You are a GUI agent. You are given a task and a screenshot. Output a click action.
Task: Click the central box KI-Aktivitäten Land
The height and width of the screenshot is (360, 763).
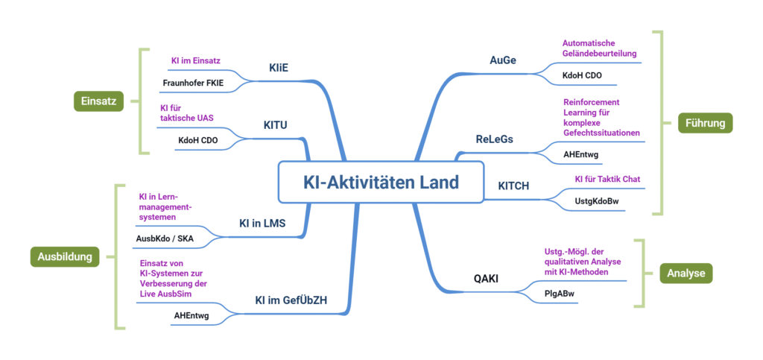tap(381, 182)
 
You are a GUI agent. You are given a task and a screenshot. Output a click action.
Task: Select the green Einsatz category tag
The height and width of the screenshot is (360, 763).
tap(98, 101)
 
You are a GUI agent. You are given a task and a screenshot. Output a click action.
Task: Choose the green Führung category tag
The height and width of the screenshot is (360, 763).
tap(705, 122)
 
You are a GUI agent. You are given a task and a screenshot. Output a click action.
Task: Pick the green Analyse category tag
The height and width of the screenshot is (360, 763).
tap(686, 274)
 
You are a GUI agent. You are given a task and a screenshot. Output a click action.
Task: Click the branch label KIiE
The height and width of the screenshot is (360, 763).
tap(279, 68)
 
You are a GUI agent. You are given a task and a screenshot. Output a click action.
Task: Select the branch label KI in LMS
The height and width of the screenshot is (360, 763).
tap(262, 223)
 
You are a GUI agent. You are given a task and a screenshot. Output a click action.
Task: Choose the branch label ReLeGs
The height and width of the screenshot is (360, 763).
tap(495, 139)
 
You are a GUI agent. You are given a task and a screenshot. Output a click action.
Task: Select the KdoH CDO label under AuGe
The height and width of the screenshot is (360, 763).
tap(582, 76)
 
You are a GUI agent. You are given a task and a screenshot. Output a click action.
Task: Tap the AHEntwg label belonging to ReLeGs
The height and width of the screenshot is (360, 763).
tap(581, 155)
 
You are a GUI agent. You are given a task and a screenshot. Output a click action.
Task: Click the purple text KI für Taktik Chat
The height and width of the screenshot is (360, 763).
tap(607, 179)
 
